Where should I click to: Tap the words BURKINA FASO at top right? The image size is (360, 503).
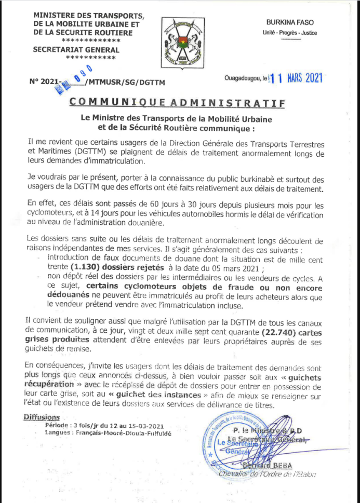point(290,23)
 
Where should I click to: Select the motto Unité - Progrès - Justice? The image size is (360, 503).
point(290,33)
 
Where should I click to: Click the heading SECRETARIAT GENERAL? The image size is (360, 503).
point(76,50)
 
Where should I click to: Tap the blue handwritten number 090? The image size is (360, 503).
point(83,73)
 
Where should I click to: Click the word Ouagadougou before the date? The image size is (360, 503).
point(243,79)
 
